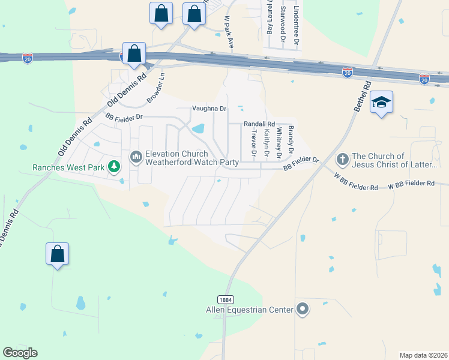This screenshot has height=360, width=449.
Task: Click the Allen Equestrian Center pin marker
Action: pos(303,310)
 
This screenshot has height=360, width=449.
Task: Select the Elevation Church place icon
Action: pos(136,157)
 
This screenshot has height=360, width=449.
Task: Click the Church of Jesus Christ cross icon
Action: pos(342,160)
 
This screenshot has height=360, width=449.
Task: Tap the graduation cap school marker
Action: pos(381,103)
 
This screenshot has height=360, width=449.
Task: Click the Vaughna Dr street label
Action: pos(209,109)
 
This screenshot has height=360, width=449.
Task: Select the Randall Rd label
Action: pos(259,124)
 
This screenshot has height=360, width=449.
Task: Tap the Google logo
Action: pos(20,353)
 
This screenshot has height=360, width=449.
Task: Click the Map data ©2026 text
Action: pos(423,355)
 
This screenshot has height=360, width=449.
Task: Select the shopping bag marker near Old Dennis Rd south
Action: pos(58,254)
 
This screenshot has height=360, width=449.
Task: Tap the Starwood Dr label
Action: pos(282,23)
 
